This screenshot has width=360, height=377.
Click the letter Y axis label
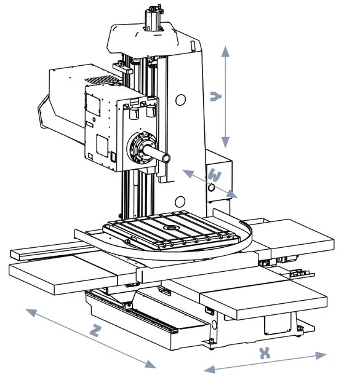215,96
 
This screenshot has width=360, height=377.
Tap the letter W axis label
214,175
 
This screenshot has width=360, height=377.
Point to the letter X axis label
265,353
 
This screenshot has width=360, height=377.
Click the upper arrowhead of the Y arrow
225,52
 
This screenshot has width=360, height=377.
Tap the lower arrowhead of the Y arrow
225,142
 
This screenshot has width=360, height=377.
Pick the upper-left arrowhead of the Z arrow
31,312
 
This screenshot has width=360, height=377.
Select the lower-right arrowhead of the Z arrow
150,363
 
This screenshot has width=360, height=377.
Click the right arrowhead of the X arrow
321,355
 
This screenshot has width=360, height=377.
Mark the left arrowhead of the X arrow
209,369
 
